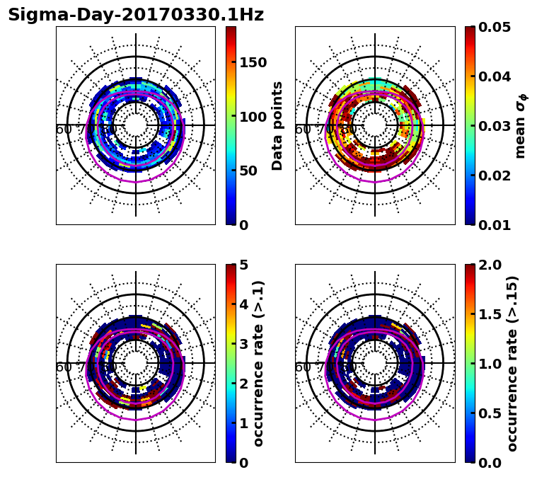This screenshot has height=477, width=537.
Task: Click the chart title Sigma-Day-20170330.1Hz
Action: pyautogui.click(x=136, y=15)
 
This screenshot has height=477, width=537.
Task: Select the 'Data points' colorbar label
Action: pyautogui.click(x=277, y=125)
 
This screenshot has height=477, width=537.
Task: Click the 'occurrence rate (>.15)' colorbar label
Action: pyautogui.click(x=512, y=363)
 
